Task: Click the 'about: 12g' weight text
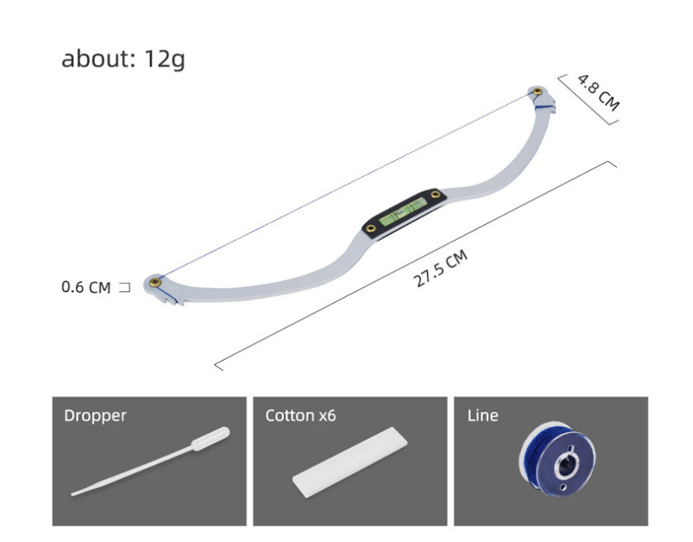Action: pos(122,59)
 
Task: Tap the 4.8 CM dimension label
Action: pos(599,93)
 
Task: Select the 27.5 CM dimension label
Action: pos(440,268)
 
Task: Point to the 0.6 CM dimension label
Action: pos(86,287)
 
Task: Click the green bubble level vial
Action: pos(403,211)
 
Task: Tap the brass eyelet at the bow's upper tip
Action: pos(538,91)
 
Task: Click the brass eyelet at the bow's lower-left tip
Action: pos(154,282)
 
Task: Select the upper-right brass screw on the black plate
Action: pos(435,194)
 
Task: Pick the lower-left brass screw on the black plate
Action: pos(371,228)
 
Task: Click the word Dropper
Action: pos(95,415)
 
